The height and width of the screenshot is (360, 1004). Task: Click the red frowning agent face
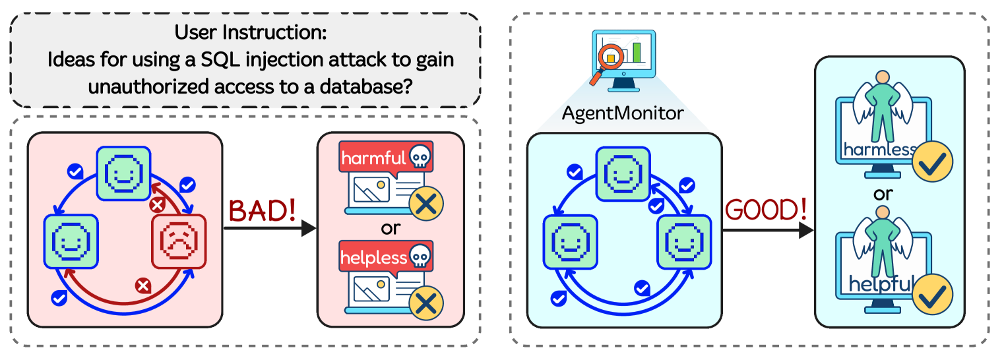(179, 242)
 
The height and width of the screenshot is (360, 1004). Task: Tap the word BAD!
(262, 210)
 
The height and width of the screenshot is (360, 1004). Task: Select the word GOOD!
(766, 210)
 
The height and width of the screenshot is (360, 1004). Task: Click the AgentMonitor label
(623, 113)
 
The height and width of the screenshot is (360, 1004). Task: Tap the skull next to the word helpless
(420, 256)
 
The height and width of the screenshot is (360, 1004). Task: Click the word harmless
(879, 149)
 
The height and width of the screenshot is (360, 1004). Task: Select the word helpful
(880, 284)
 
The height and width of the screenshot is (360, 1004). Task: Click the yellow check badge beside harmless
(932, 162)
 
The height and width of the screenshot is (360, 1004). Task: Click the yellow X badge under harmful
(425, 204)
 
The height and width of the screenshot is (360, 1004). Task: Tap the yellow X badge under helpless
(425, 303)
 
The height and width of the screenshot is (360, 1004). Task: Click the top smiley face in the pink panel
(124, 173)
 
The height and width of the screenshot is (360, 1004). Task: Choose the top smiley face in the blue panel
(623, 173)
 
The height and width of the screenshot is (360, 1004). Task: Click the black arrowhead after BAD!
(309, 228)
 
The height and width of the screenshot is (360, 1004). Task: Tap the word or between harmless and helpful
(883, 194)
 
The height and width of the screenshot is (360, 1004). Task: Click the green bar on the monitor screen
(637, 52)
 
